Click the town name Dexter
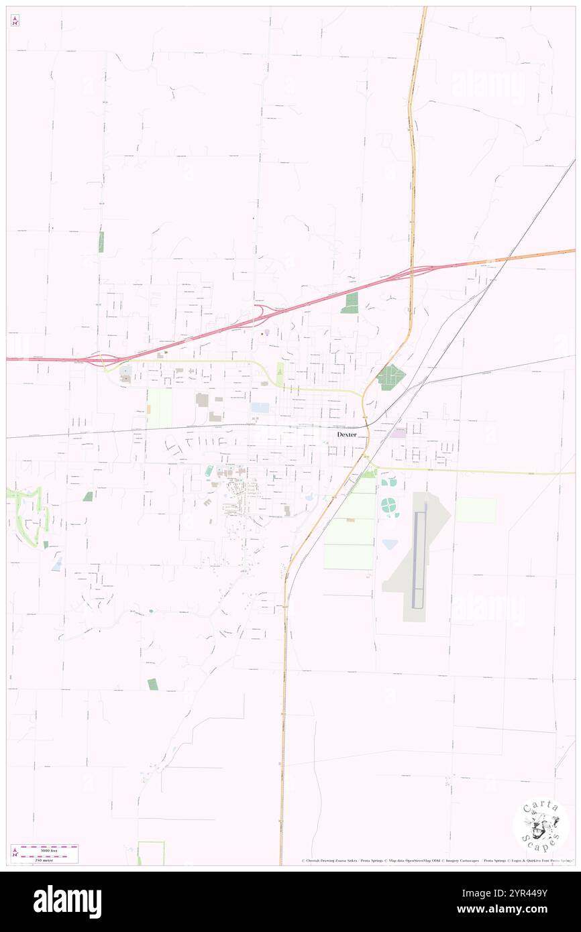pos(347,434)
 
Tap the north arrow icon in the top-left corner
pos(15,21)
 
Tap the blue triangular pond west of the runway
pos(389,544)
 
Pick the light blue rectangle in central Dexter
pos(260,407)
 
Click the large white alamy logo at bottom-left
pos(68,901)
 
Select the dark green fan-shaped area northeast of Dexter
pos(390,377)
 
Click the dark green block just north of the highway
pos(350,303)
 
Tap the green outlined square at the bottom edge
pos(151,853)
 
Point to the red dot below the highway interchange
pos(262,334)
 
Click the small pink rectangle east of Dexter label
pos(399,434)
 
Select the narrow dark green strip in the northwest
pos(101,241)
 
